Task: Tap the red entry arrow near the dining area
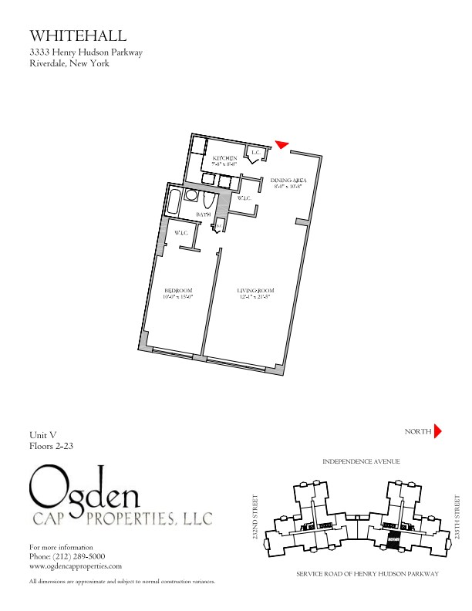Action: [282, 143]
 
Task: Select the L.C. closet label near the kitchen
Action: [256, 153]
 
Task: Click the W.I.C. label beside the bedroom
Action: [181, 233]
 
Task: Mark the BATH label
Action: [204, 214]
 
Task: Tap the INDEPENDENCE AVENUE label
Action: [361, 461]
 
